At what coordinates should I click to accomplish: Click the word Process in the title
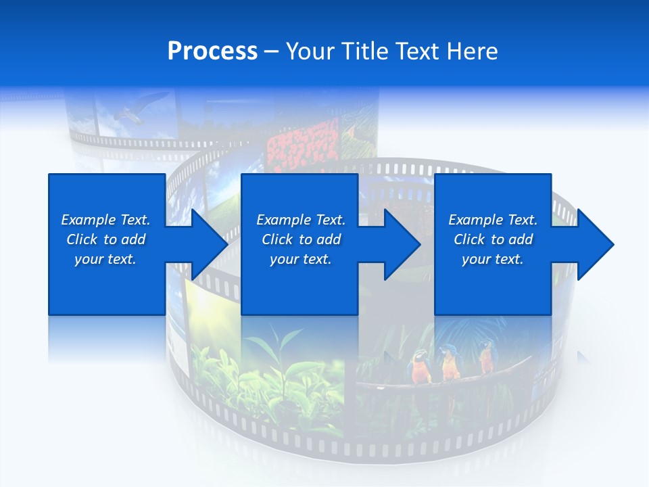212,51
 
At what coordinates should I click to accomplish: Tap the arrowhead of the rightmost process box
592,244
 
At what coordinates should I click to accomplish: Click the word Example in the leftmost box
88,220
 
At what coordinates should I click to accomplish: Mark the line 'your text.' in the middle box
300,259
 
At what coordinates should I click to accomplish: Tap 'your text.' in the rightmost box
492,259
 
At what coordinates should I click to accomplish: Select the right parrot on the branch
485,357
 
